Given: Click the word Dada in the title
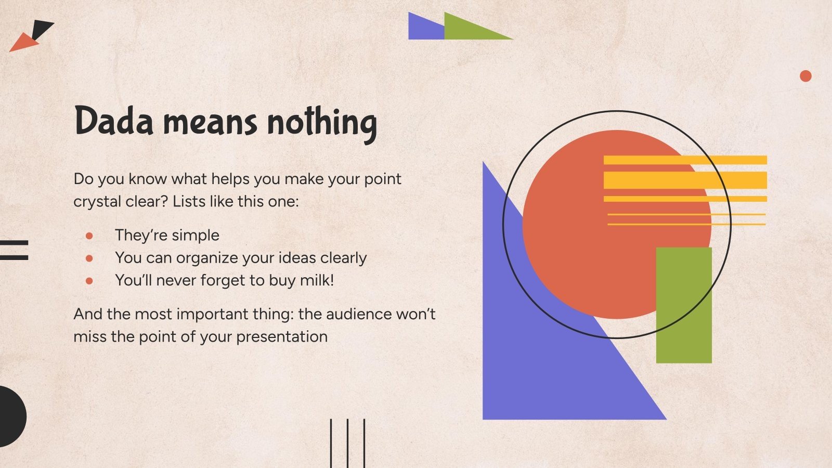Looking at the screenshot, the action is (114, 120).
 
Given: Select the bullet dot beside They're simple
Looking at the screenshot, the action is (89, 236).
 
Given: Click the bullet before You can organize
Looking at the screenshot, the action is (89, 258).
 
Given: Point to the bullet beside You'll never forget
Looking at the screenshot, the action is (89, 281).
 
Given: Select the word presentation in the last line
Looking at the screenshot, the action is (282, 337).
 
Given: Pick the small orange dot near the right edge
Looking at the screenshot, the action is (805, 76).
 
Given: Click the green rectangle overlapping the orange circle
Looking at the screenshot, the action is (684, 305).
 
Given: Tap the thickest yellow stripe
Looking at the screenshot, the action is (685, 180).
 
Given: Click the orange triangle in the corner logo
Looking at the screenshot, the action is (24, 43).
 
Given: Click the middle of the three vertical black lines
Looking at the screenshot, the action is (348, 444).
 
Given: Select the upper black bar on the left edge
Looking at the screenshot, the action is (14, 243).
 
